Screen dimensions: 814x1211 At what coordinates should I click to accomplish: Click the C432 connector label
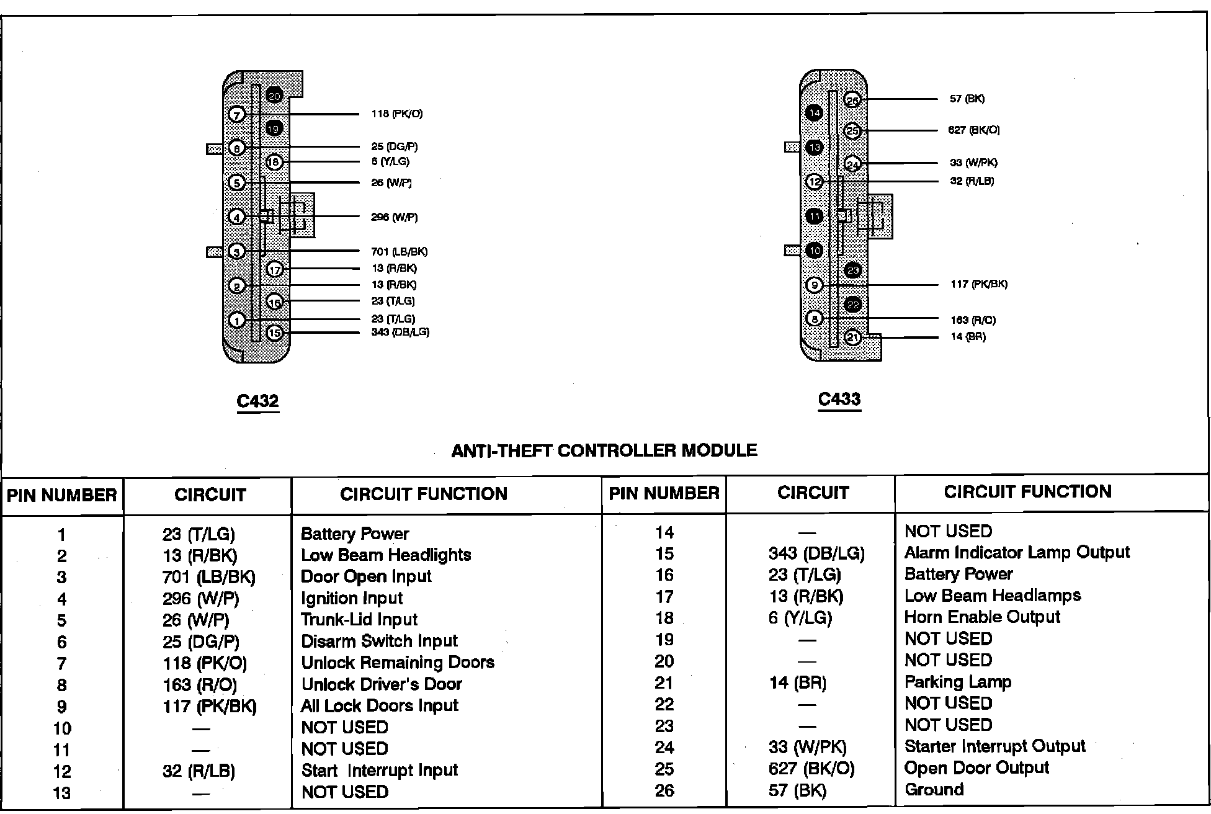point(257,401)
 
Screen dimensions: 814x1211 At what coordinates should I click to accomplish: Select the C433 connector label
point(839,400)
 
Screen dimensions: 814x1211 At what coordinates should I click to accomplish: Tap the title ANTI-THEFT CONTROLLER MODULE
point(604,450)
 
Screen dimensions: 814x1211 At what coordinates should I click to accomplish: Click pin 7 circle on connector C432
point(237,115)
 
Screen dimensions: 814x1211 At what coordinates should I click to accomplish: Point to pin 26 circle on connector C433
point(852,101)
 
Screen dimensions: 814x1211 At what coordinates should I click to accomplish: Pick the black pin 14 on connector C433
point(814,113)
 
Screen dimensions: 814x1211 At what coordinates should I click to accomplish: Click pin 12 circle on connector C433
point(814,182)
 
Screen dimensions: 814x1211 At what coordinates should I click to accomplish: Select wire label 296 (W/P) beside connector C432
point(394,217)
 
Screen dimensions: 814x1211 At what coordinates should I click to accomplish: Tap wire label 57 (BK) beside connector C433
point(967,99)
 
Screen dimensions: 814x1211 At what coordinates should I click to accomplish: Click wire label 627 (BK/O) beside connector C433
point(973,130)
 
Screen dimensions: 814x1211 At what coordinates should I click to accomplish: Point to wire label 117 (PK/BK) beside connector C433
point(978,284)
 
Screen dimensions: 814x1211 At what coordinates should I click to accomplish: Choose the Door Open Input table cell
point(366,576)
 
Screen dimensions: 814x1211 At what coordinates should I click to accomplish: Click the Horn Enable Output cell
point(982,617)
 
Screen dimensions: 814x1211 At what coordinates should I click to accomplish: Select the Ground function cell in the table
point(934,790)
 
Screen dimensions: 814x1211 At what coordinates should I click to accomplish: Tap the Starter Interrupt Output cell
point(994,746)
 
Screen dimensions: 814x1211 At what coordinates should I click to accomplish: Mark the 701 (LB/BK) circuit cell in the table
point(208,578)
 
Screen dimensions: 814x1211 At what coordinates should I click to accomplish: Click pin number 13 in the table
point(61,793)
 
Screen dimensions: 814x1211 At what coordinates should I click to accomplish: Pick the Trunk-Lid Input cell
point(359,620)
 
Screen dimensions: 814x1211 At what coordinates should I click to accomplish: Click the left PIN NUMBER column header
point(61,495)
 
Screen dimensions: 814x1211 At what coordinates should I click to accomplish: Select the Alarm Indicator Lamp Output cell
point(1017,552)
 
